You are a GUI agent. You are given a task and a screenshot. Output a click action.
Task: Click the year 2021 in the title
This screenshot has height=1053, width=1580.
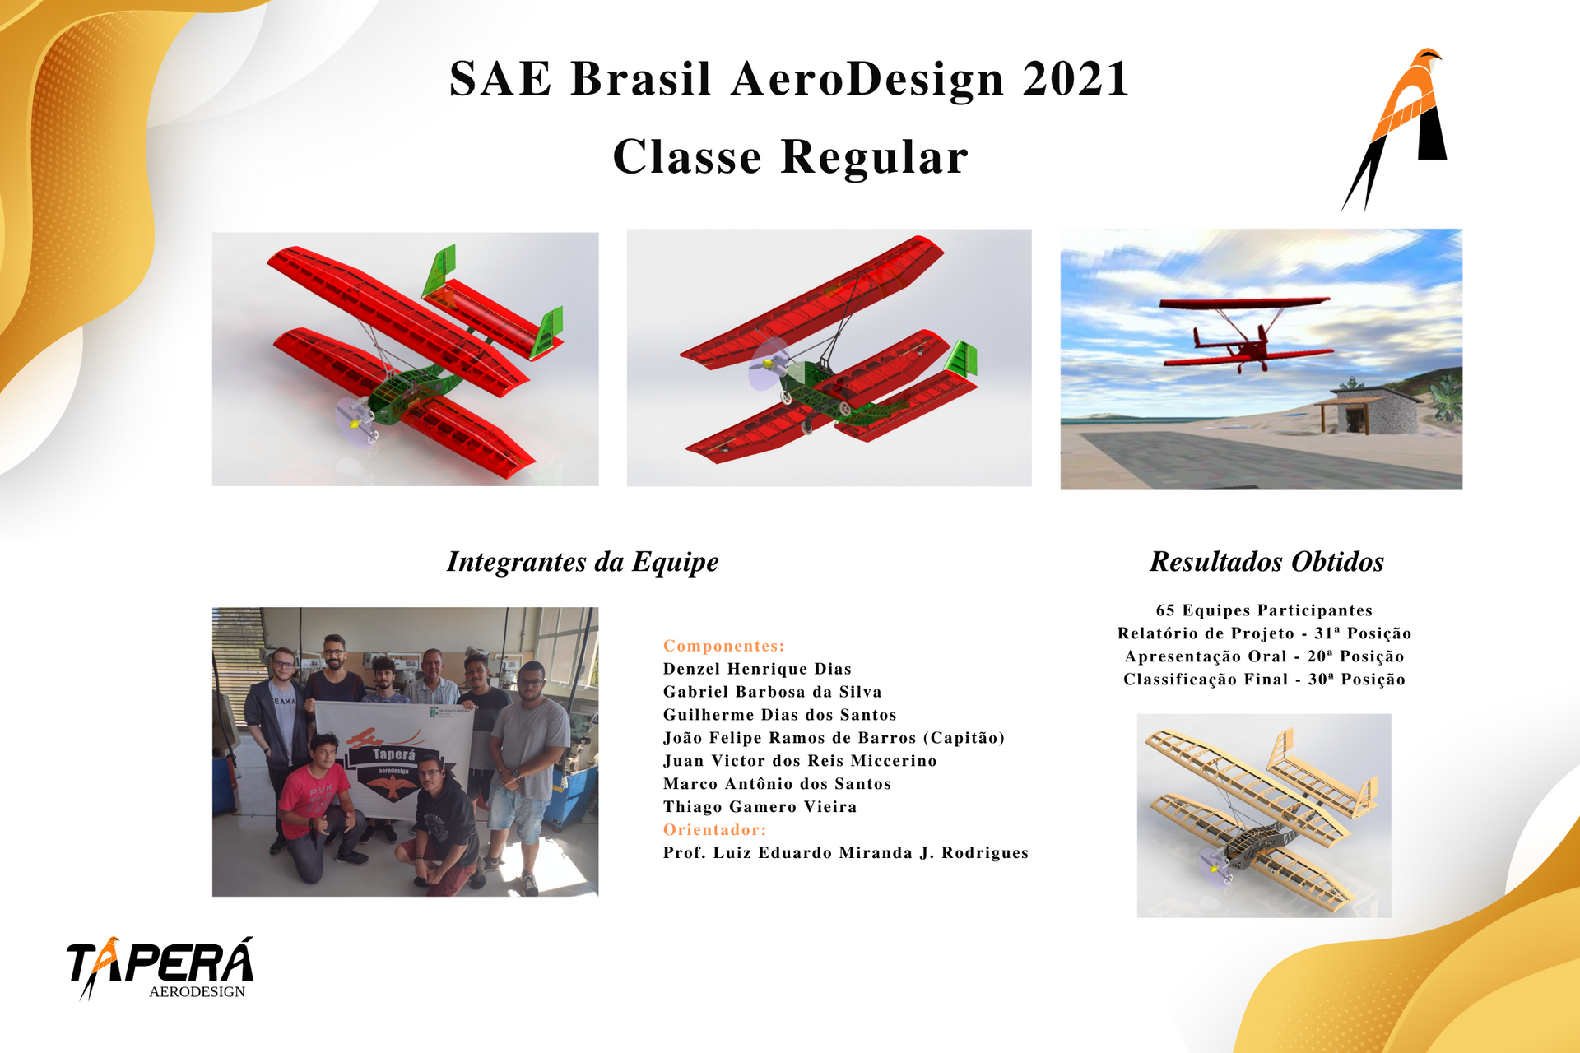[x=1076, y=79]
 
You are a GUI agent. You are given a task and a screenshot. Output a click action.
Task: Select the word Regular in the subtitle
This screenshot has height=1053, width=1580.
[x=874, y=157]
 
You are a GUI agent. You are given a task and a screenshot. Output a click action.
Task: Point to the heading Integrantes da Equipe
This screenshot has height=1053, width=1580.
[x=583, y=562]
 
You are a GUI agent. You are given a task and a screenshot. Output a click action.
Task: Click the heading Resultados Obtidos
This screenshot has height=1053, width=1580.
[x=1266, y=562]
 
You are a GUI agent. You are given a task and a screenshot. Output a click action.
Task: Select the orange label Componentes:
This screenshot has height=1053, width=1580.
[x=724, y=646]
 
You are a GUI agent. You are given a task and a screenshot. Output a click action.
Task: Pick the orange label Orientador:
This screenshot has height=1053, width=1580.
[x=715, y=829]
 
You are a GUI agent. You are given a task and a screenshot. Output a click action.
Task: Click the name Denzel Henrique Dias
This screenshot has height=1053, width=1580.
[x=757, y=669]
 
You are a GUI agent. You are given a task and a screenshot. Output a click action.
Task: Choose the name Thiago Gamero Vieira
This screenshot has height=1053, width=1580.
[x=760, y=807]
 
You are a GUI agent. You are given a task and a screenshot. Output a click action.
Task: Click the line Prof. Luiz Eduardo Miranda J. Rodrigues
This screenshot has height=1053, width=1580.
[x=846, y=853]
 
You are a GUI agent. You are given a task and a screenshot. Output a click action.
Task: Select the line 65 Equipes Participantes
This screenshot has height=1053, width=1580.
[x=1264, y=610]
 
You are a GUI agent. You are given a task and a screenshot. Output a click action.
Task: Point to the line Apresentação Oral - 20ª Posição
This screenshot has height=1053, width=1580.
[x=1264, y=656]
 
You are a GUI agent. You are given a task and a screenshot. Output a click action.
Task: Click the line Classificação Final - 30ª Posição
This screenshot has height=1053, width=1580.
[x=1264, y=680]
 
